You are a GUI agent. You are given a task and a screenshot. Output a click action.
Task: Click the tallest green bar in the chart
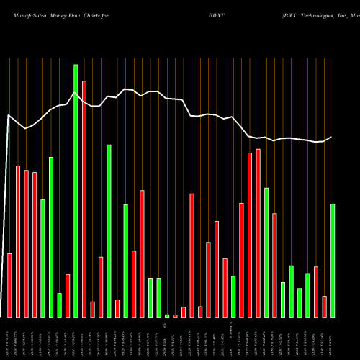pos(76,191)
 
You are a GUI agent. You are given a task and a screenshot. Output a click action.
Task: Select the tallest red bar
pos(84,199)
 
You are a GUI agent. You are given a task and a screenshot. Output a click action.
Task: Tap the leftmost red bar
pos(9,285)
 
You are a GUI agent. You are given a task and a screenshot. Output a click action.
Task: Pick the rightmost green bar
pos(333,261)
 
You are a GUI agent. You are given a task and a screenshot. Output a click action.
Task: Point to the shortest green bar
pos(167,316)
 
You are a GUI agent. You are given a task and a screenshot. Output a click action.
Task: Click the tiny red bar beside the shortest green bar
pos(175,316)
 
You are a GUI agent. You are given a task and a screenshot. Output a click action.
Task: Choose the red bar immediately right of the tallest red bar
pos(92,310)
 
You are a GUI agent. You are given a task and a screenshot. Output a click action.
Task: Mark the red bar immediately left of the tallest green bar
pos(68,296)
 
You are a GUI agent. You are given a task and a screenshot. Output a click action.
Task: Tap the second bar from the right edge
pos(324,307)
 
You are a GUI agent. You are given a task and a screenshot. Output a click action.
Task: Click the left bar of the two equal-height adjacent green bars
pos(150,297)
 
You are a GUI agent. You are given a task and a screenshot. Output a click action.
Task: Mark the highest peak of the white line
pos(75,92)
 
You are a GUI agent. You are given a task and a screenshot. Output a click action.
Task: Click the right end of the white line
pos(332,137)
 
